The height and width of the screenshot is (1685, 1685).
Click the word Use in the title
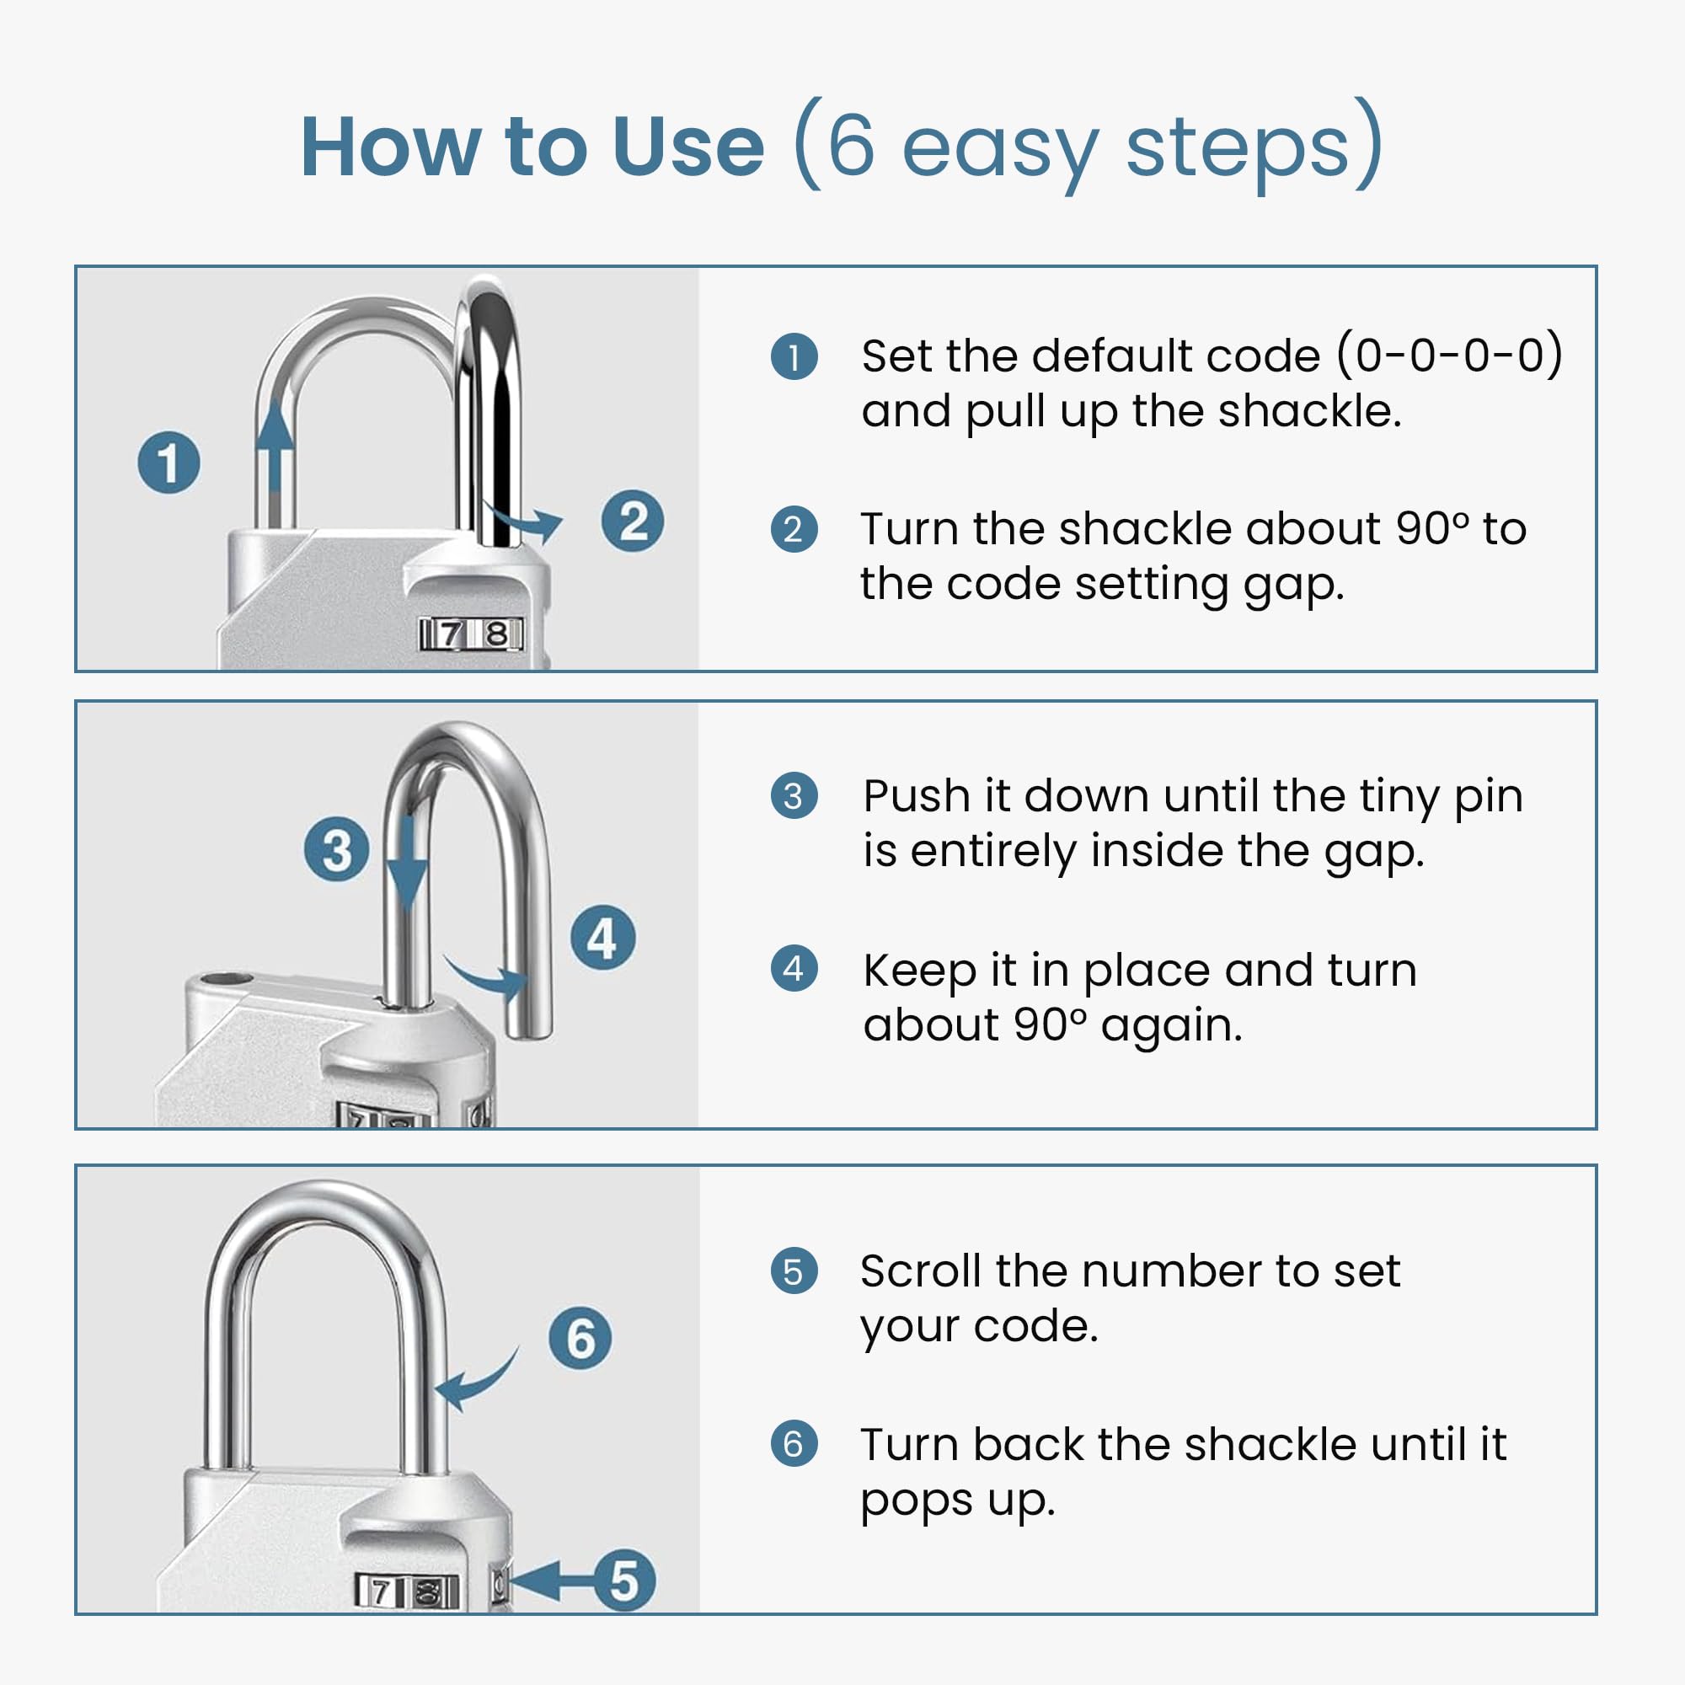[688, 147]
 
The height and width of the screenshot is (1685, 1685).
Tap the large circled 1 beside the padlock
[169, 463]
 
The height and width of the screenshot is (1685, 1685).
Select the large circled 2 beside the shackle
[633, 522]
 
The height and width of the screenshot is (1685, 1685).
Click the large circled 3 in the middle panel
[337, 849]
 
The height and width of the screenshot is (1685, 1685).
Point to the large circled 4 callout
[602, 939]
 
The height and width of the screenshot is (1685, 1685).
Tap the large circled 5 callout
[624, 1581]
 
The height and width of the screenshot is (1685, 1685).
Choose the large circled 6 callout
[580, 1338]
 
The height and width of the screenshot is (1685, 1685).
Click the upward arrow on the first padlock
[275, 463]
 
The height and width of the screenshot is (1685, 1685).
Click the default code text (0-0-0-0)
[1449, 356]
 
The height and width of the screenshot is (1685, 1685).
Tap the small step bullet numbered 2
[794, 529]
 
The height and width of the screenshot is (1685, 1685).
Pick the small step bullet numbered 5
[794, 1271]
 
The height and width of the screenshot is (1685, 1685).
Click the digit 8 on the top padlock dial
[496, 634]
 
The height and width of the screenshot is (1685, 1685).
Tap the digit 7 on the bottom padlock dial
[379, 1593]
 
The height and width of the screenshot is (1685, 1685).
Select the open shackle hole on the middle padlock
[227, 982]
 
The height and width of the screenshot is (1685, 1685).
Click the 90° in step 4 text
[1051, 1025]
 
